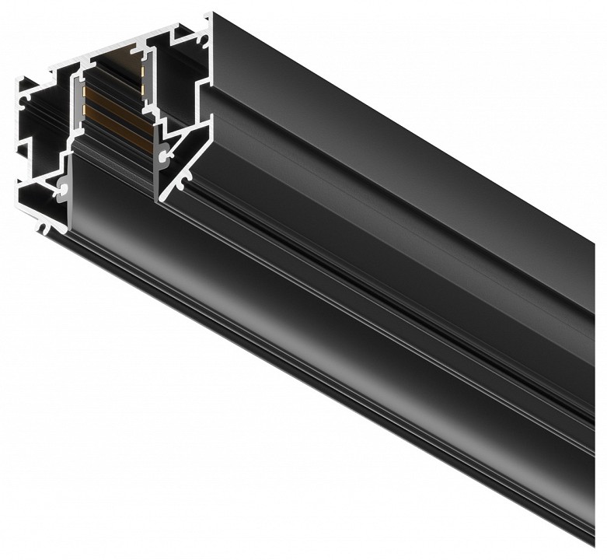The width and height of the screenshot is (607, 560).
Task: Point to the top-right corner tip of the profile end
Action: (210, 14)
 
